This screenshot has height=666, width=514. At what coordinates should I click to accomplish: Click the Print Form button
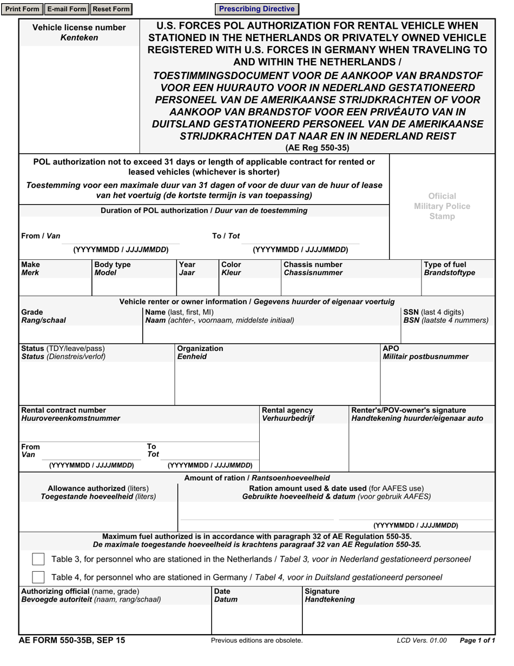pyautogui.click(x=22, y=9)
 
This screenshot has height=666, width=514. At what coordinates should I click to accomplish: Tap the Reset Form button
pyautogui.click(x=111, y=9)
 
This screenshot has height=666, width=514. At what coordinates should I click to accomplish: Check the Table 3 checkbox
pyautogui.click(x=38, y=559)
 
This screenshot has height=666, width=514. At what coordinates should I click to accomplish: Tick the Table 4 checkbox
pyautogui.click(x=38, y=577)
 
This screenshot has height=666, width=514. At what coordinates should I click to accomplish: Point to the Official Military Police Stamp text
pyautogui.click(x=442, y=206)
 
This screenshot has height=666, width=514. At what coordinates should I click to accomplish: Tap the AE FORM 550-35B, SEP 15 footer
pyautogui.click(x=71, y=640)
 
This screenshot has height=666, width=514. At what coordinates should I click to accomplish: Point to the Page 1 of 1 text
pyautogui.click(x=477, y=641)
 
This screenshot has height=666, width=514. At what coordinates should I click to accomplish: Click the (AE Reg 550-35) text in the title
pyautogui.click(x=317, y=148)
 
